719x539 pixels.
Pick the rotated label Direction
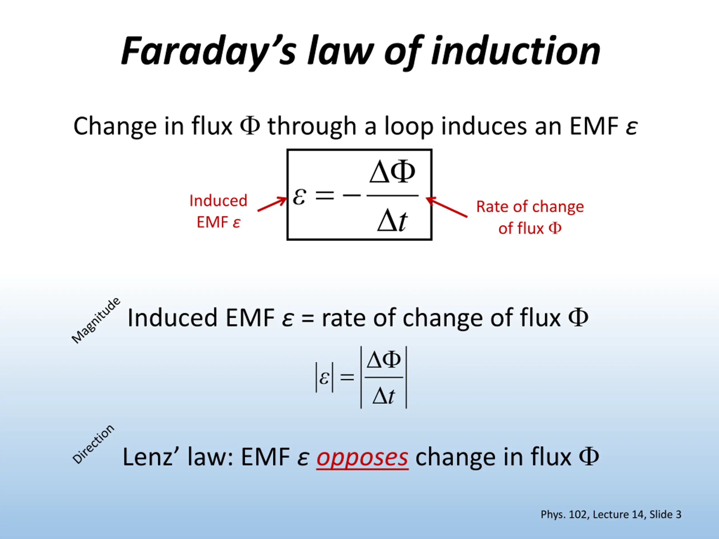tap(93, 444)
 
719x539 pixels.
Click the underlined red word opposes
tap(362, 458)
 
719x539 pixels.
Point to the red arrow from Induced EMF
tap(272, 204)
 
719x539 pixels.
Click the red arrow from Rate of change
tap(447, 207)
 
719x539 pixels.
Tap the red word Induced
tap(218, 200)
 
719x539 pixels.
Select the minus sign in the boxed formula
tap(351, 195)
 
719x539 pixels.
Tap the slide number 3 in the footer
tap(679, 514)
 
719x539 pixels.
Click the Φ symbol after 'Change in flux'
tap(250, 126)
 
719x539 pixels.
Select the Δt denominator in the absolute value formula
tap(384, 396)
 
